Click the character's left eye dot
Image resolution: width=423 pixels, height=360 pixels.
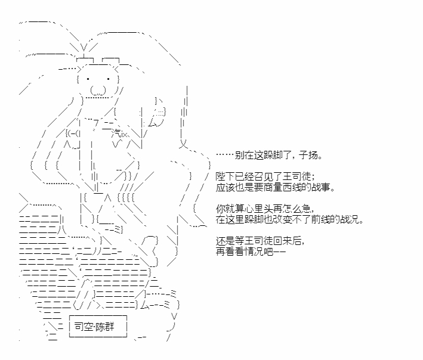pos(88,79)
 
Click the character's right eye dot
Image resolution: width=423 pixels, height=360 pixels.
pos(108,79)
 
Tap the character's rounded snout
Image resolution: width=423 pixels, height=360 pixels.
pos(98,90)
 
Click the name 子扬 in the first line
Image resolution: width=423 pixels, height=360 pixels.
pos(308,155)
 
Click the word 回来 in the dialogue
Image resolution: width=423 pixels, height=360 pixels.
pos(282,241)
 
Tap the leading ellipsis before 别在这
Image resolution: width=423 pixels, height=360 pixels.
pos(226,155)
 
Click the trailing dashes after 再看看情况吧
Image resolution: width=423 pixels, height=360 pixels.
pos(279,252)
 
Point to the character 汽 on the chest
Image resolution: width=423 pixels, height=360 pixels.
pos(116,133)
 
